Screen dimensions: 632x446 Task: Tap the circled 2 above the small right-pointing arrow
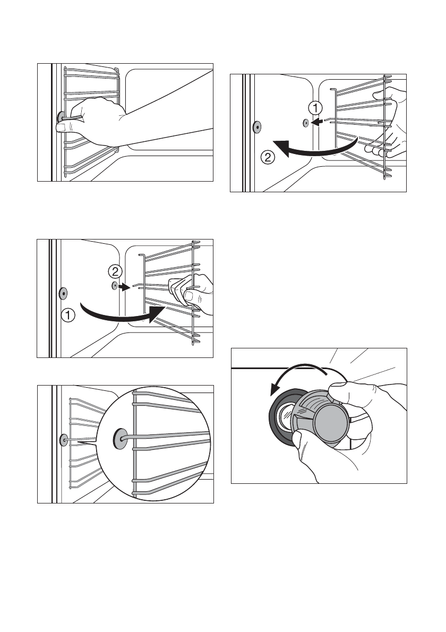tap(114, 272)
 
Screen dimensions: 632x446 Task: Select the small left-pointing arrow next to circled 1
tap(318, 123)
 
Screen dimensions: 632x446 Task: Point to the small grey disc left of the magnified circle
tap(63, 439)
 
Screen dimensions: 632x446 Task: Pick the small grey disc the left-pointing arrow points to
tap(306, 123)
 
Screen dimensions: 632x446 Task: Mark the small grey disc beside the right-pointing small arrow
tap(114, 286)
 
